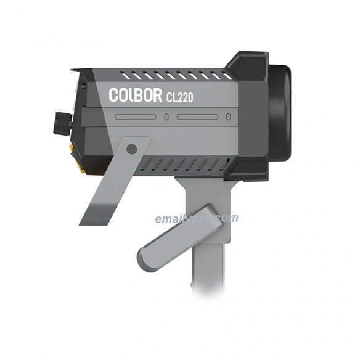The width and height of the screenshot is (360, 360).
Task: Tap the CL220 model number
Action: coord(179,97)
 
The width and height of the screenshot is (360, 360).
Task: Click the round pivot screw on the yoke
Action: coord(131,149)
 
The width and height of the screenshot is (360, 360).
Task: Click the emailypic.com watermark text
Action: coord(196,218)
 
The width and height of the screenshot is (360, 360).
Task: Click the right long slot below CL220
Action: coord(197,117)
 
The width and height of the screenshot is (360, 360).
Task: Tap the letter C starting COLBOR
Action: coord(114,95)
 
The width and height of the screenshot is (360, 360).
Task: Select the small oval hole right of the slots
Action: coord(227,117)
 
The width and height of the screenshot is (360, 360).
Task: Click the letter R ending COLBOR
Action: coord(156,96)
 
